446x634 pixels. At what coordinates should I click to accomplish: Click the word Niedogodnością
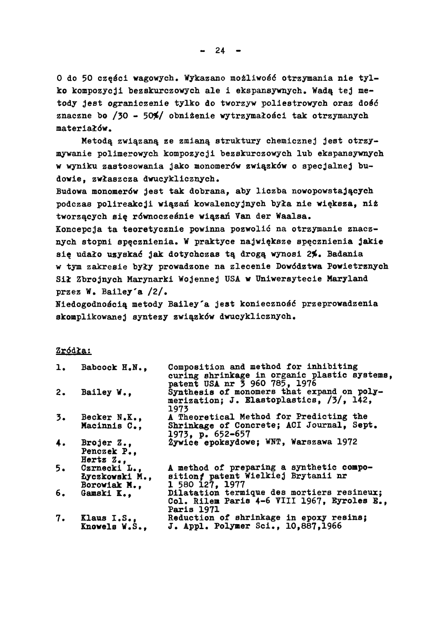tap(91, 304)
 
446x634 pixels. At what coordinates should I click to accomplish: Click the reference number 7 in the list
tap(58, 518)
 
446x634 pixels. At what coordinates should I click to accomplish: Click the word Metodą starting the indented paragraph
tap(97, 141)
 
